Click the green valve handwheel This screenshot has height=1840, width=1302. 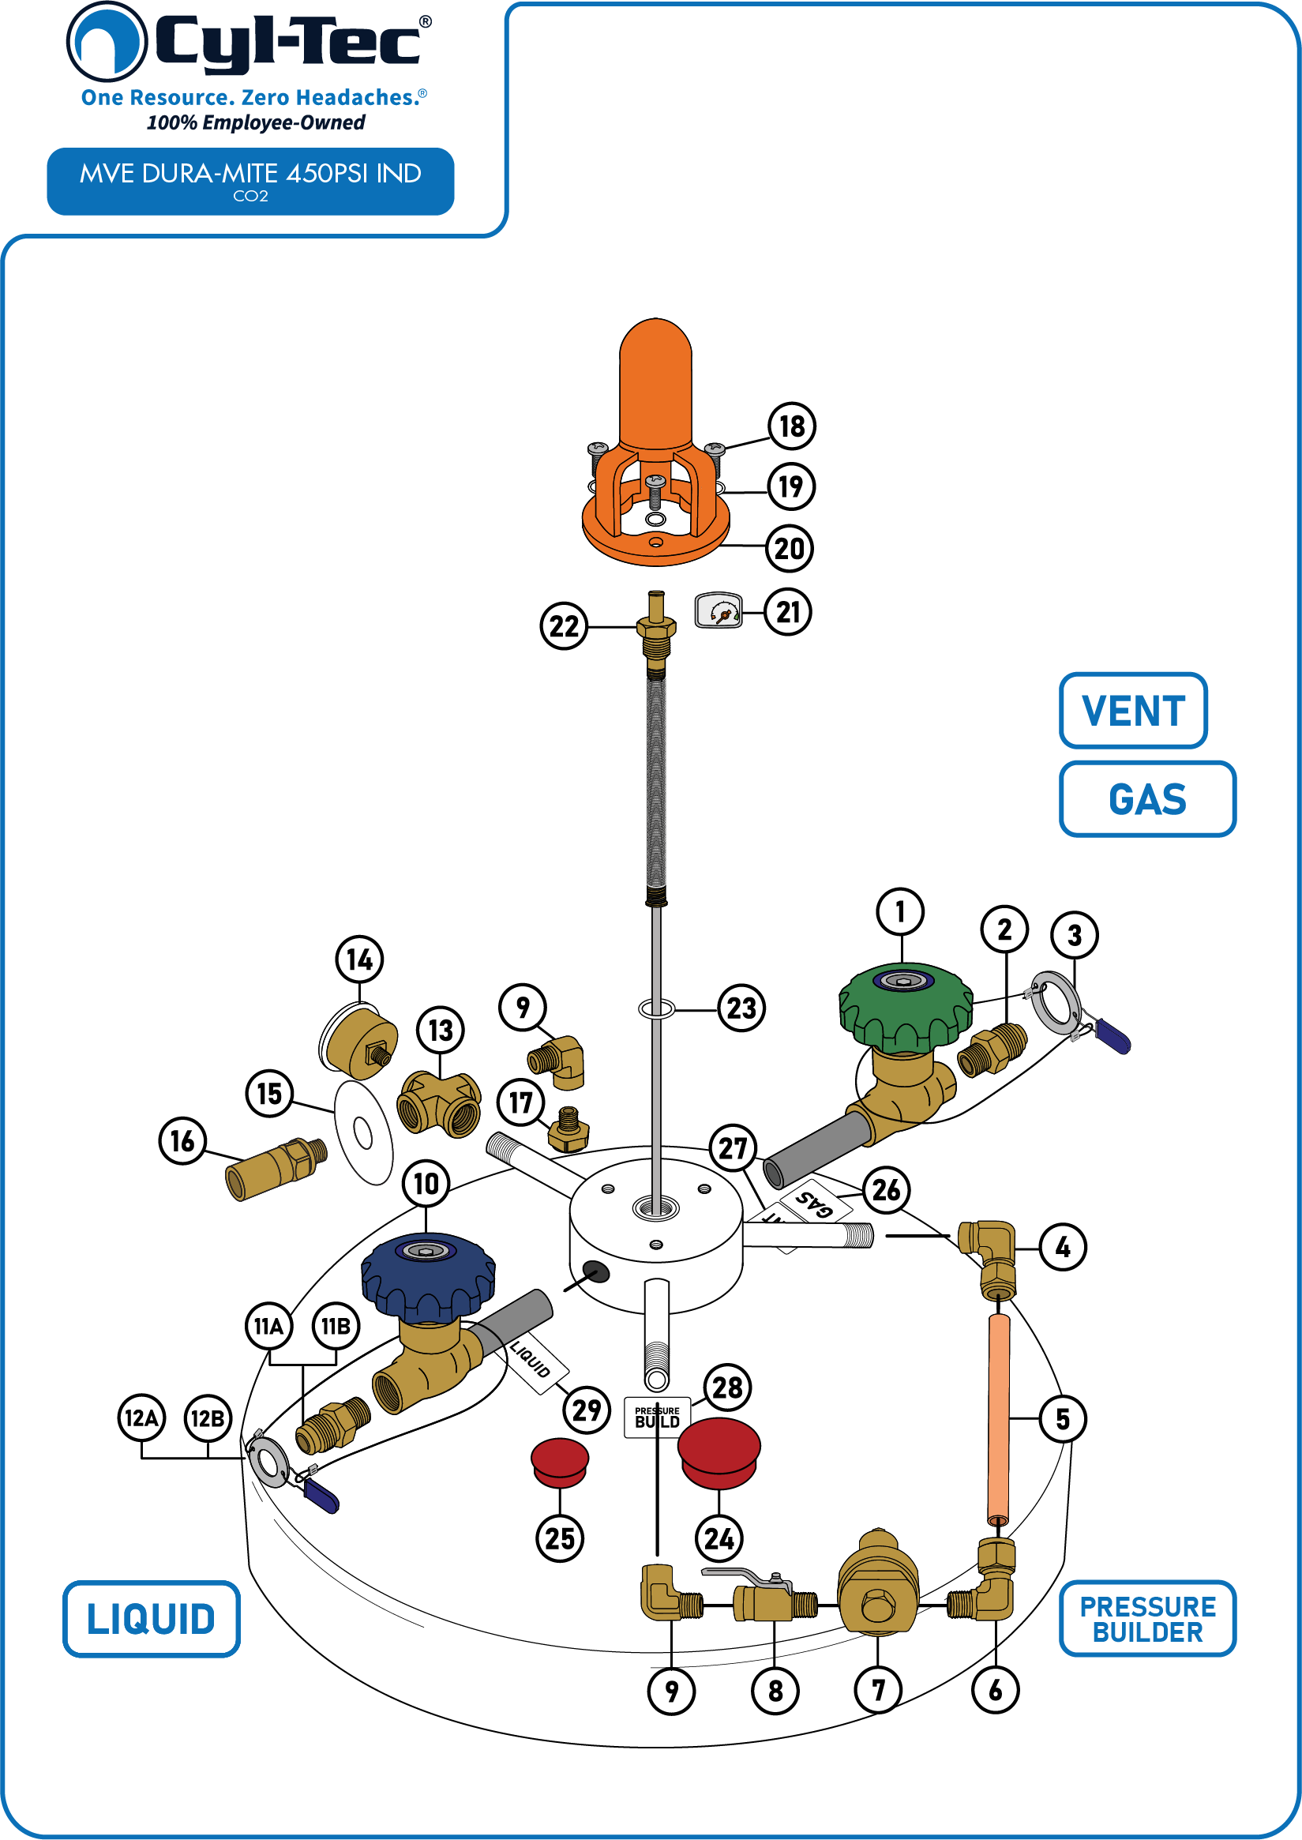(905, 1008)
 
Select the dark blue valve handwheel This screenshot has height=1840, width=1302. (427, 1278)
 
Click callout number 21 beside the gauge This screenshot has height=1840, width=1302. (788, 612)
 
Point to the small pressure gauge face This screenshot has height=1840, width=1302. (719, 611)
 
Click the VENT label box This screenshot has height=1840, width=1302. (1133, 711)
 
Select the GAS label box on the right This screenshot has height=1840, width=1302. (1147, 798)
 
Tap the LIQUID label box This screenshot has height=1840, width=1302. (152, 1619)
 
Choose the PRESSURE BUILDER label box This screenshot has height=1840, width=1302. (1147, 1618)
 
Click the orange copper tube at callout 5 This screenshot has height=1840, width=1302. (998, 1419)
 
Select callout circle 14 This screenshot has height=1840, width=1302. (359, 959)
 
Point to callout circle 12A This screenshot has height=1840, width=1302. (142, 1418)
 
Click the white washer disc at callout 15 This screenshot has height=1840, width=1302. (363, 1132)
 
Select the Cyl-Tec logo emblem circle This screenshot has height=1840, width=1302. (107, 42)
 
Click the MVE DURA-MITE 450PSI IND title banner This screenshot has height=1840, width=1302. (250, 181)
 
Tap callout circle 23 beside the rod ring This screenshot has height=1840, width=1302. (741, 1008)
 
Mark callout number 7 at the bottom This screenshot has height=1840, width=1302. (878, 1690)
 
